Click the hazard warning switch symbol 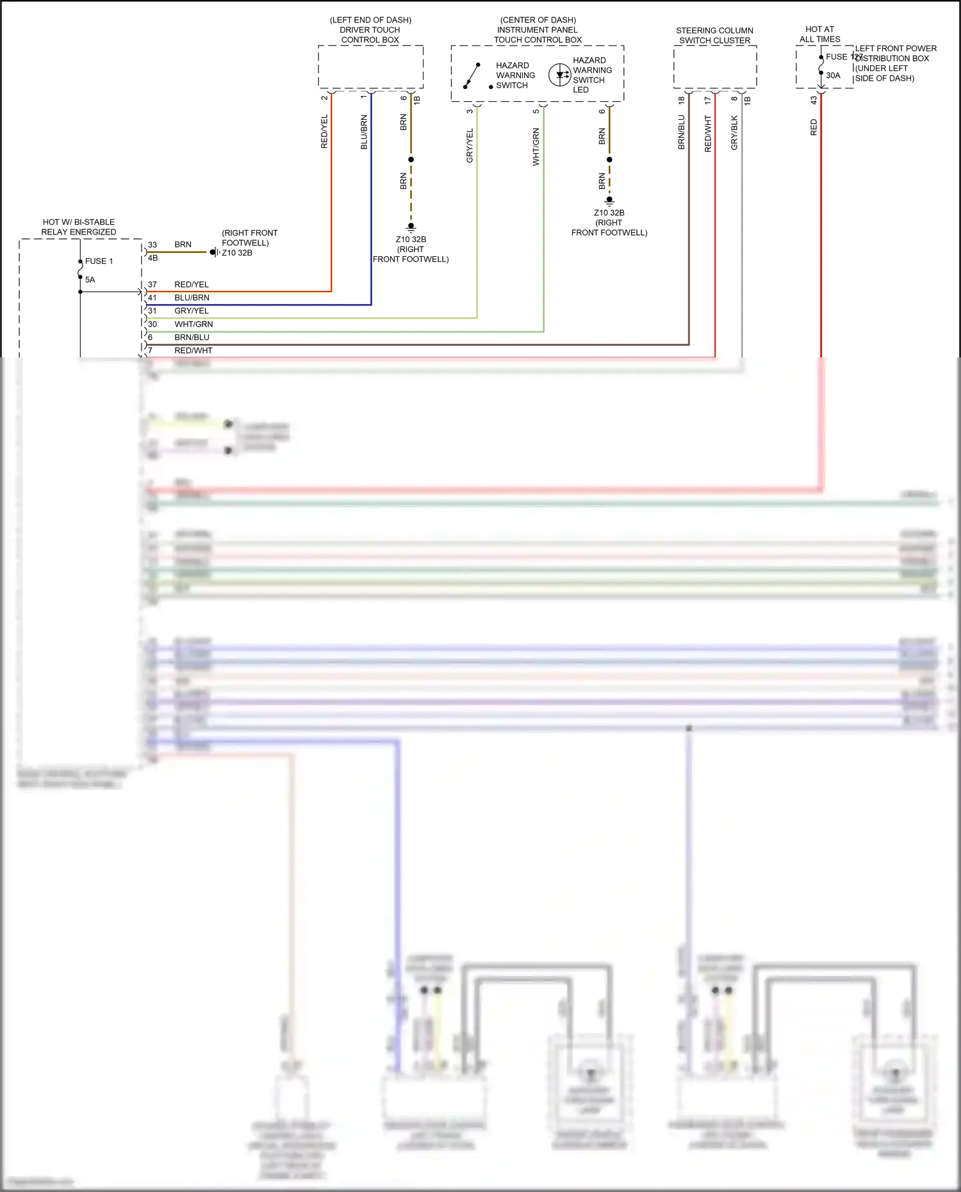(x=472, y=76)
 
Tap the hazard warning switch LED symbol (x=559, y=74)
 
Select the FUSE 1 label (x=99, y=261)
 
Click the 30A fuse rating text (x=833, y=76)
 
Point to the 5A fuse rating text (x=90, y=280)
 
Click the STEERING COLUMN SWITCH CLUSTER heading (x=714, y=35)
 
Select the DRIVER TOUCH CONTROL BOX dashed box (x=370, y=67)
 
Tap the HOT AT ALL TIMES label (x=819, y=34)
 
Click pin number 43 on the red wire (x=814, y=100)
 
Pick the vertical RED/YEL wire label (x=324, y=131)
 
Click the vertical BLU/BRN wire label (x=364, y=132)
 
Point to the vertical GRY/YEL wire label (x=470, y=145)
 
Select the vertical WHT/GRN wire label (x=536, y=147)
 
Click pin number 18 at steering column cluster (x=681, y=100)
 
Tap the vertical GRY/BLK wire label (x=734, y=133)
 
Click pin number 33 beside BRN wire (x=152, y=245)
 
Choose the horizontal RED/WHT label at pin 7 (x=193, y=350)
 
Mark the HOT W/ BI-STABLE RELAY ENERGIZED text (x=79, y=227)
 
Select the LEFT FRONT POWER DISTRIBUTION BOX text (x=895, y=63)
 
